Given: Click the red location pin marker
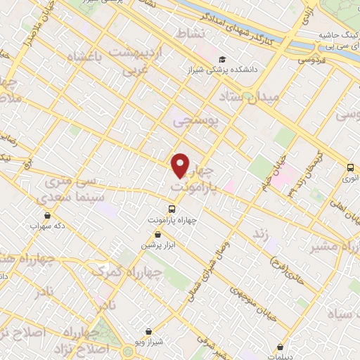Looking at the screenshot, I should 181,165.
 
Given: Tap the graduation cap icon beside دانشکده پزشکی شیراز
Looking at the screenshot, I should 223,60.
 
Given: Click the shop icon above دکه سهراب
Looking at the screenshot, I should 46,215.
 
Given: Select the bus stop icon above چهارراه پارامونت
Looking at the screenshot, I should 171,209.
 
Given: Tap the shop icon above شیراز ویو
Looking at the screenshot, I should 148,331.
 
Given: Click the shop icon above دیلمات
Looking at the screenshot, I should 281,347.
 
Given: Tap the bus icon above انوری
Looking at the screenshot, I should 350,167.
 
